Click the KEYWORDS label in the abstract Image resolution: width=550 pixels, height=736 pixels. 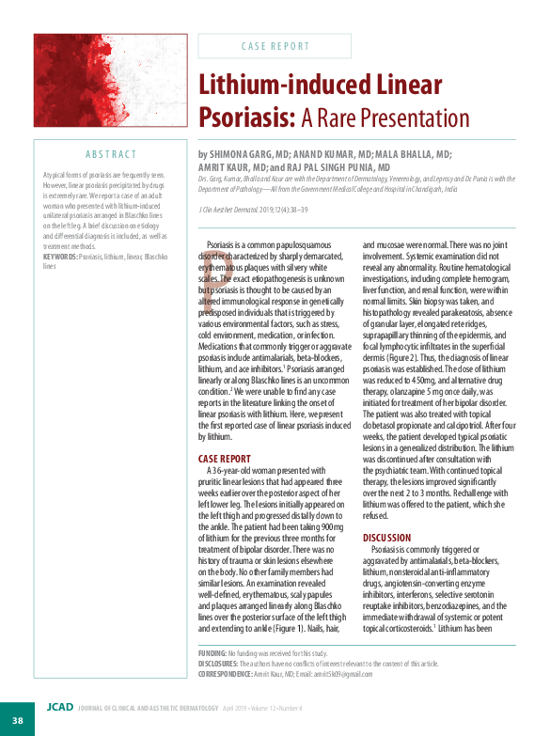point(59,256)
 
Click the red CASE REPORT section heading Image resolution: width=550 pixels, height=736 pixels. point(224,459)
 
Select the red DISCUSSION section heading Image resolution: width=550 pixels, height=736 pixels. point(387,537)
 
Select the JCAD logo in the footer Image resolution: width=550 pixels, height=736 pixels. point(58,707)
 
